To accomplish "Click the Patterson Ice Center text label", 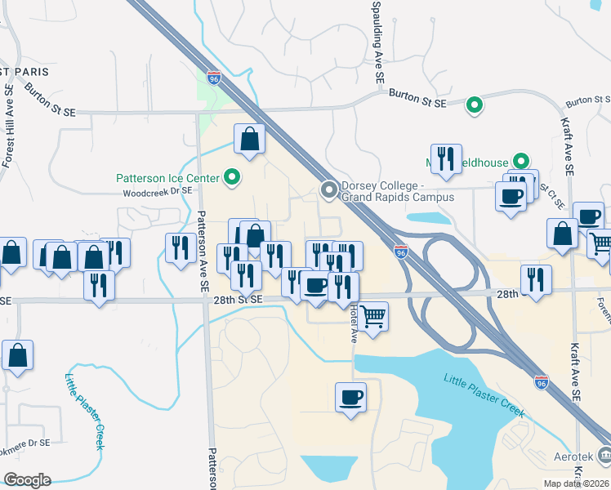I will coord(167,178).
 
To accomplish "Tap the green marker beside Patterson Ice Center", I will coord(233,177).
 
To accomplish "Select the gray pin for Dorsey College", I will coord(329,190).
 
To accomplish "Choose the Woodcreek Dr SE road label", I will coord(157,194).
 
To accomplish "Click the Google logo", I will coord(27,480).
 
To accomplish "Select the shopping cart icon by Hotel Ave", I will coord(372,314).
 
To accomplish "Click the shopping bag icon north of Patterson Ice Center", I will coord(250,139).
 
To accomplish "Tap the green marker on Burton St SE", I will coord(474,105).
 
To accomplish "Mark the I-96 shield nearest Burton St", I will coord(214,78).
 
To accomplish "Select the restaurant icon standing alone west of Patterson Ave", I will coord(180,247).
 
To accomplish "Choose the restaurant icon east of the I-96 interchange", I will coord(536,279).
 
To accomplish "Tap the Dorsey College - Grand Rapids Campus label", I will coord(397,191).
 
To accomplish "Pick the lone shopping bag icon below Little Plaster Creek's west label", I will coord(17,355).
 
